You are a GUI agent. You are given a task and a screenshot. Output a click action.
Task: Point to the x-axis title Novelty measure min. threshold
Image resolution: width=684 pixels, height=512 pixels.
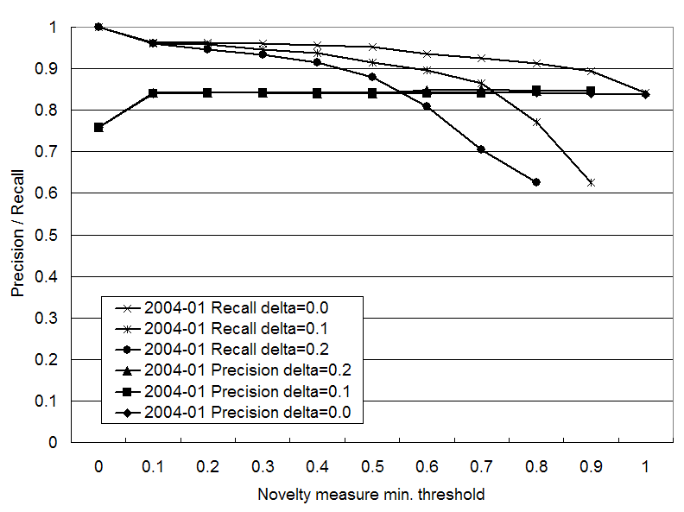[371, 495]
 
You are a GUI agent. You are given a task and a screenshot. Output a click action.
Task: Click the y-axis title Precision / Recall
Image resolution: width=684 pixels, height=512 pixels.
[17, 235]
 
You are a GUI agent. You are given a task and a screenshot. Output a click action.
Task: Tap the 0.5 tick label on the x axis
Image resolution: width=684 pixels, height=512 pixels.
[371, 466]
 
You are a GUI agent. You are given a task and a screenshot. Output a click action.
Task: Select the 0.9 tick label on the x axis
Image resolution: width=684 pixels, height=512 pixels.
[591, 466]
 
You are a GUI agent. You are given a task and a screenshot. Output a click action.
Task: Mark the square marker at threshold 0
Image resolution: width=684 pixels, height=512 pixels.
[98, 127]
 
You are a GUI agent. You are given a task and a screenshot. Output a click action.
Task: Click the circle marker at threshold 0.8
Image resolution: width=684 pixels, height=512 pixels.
[536, 182]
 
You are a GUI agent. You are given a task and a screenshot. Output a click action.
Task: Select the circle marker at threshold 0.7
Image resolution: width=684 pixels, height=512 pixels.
[481, 149]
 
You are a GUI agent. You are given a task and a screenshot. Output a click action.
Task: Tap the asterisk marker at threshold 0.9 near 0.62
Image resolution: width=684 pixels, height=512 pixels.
[591, 182]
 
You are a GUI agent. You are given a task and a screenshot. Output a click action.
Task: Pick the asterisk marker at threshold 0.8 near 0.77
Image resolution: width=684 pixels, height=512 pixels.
[536, 122]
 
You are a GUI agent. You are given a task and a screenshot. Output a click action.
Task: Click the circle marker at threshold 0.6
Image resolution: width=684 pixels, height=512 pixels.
[427, 106]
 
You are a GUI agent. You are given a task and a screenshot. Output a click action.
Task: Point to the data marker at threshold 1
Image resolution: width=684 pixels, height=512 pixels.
[645, 93]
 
